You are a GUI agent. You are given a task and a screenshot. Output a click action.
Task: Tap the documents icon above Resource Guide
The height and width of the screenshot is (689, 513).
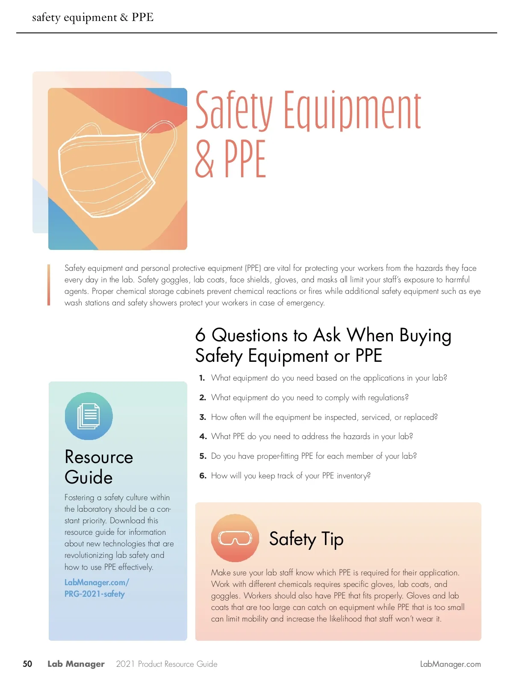coord(89,416)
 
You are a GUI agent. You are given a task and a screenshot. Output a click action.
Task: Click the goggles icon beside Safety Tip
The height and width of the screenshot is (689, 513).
coord(235,538)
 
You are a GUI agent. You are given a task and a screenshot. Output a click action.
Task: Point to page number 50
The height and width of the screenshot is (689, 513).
coord(27,664)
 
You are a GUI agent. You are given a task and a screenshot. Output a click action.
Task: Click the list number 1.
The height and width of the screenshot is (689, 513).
coord(202,378)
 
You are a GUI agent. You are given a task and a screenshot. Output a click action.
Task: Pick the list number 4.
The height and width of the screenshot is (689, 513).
coord(203,437)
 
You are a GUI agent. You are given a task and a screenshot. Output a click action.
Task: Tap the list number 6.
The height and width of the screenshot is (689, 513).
coord(203,476)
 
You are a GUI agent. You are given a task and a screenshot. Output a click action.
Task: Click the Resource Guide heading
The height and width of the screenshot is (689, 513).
coord(98,467)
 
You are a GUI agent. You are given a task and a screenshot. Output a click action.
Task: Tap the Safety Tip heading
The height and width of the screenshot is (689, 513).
coord(306,539)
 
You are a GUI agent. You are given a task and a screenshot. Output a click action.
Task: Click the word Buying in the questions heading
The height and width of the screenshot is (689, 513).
coord(425,336)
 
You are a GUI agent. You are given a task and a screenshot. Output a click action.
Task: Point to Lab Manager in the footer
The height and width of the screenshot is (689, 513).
coord(76,664)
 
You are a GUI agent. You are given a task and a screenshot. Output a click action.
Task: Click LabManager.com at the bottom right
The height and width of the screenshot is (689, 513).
coord(450,664)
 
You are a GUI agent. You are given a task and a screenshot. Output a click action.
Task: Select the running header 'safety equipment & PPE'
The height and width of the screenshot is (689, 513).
coord(93,18)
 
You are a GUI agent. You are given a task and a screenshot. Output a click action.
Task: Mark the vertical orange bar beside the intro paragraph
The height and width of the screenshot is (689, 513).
coord(49,285)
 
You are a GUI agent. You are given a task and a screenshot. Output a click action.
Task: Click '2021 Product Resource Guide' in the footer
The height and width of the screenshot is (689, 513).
coord(167,664)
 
